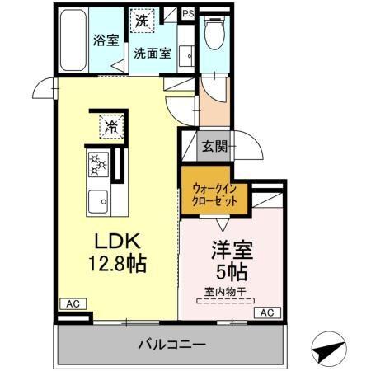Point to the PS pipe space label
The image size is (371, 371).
pyautogui.click(x=188, y=13)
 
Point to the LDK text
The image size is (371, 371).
pyautogui.click(x=118, y=243)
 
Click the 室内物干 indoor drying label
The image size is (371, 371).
pyautogui.click(x=226, y=291)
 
